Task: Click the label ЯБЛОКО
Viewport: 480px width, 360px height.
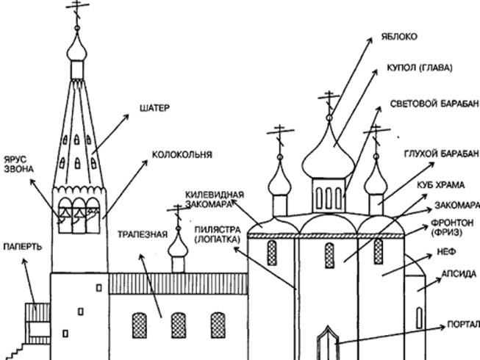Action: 399,36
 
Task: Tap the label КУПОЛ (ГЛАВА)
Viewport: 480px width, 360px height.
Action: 416,68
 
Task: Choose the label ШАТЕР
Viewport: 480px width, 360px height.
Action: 154,108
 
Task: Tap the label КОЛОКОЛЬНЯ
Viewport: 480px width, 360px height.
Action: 182,155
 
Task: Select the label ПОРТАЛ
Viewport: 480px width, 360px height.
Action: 462,324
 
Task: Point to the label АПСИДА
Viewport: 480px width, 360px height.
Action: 459,273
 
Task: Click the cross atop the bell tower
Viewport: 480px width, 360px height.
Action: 76,10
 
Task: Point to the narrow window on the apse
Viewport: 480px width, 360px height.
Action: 419,317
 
